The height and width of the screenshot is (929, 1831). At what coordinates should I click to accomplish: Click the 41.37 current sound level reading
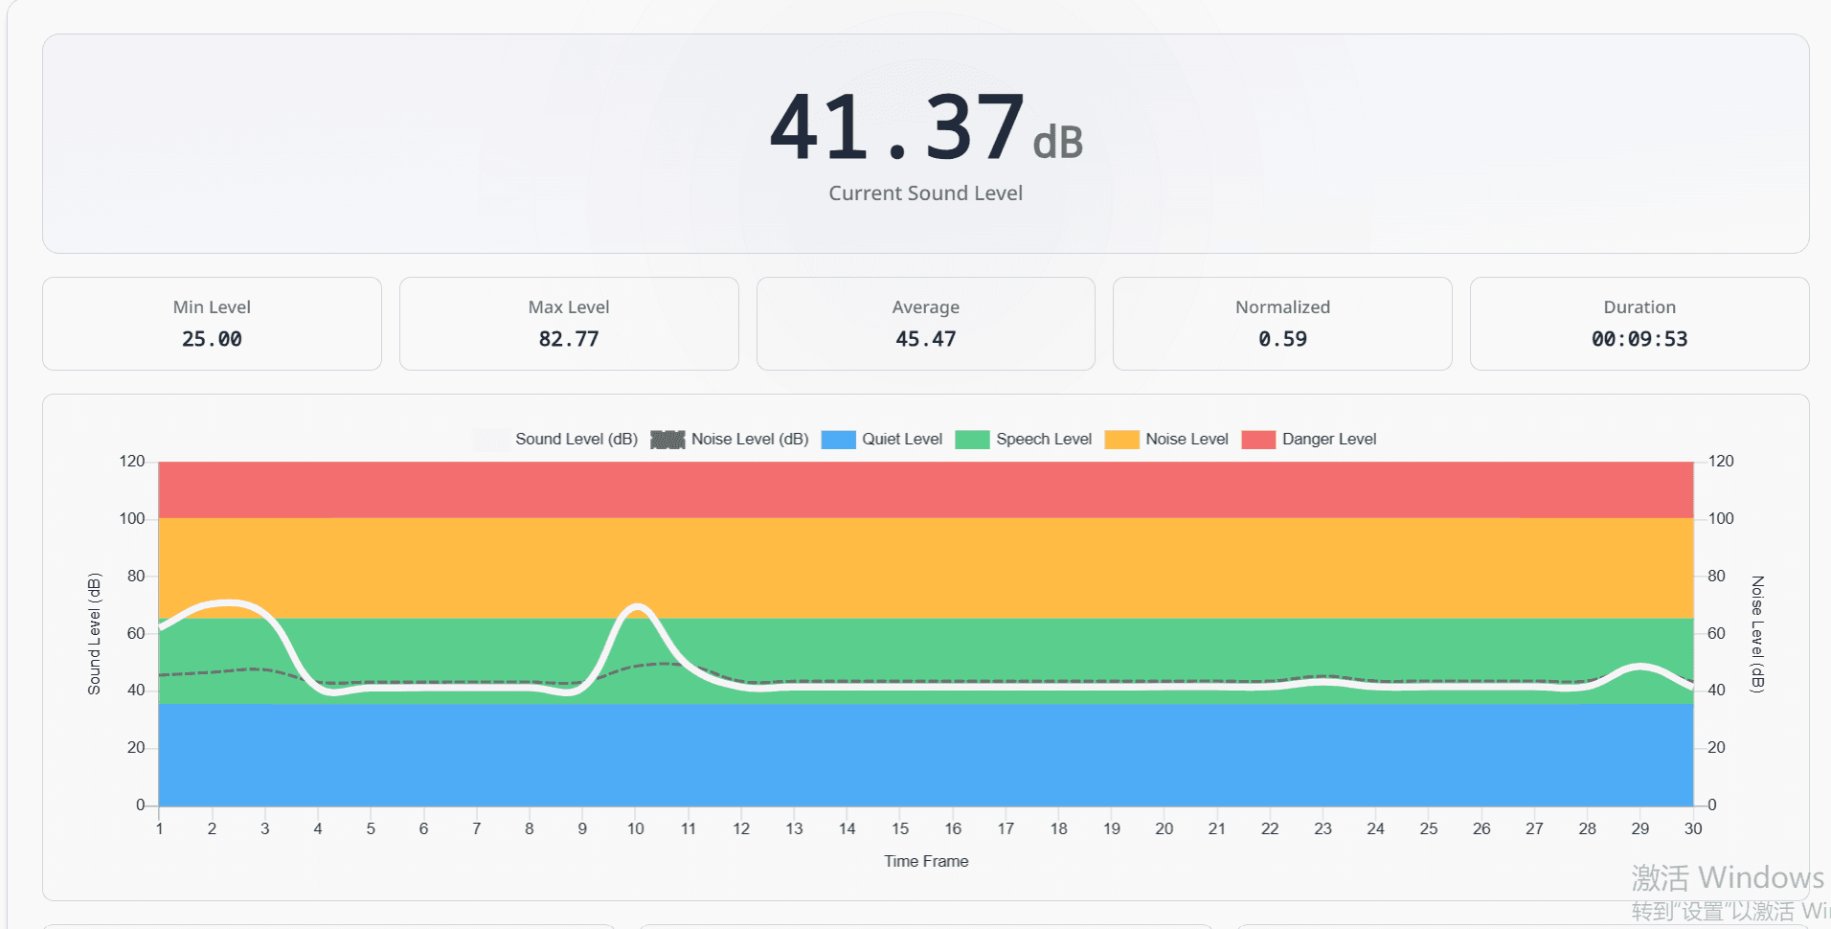(898, 127)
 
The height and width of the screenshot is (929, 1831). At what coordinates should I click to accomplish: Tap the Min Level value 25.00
(212, 339)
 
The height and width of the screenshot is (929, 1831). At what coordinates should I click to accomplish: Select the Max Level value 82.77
(569, 339)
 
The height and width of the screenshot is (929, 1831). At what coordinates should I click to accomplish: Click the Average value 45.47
(925, 339)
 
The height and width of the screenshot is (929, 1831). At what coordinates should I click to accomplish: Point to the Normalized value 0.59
(1282, 339)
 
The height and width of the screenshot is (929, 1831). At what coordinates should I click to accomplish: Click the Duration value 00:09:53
(1639, 339)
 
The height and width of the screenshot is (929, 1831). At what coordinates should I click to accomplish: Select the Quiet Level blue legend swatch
(838, 440)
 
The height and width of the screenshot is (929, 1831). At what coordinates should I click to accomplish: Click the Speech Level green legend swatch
(972, 440)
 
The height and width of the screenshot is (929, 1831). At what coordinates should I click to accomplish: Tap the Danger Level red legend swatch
(1258, 440)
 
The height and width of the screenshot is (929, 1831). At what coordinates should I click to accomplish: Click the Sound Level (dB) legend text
(576, 440)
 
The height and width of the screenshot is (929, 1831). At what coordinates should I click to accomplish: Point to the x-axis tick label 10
(635, 829)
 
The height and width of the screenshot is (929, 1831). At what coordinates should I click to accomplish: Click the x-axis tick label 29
(1639, 829)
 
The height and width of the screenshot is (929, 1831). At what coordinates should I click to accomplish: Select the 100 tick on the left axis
(132, 519)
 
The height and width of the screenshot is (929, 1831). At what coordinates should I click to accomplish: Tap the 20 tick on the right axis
(1716, 748)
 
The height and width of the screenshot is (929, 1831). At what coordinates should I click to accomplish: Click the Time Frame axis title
(925, 862)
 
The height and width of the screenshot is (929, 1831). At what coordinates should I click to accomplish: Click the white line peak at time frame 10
(637, 606)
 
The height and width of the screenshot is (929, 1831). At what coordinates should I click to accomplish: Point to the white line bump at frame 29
(1640, 666)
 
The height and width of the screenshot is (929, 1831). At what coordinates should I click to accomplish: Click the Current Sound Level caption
(925, 193)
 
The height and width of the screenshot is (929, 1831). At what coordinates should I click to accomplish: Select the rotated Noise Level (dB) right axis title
(1756, 633)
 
